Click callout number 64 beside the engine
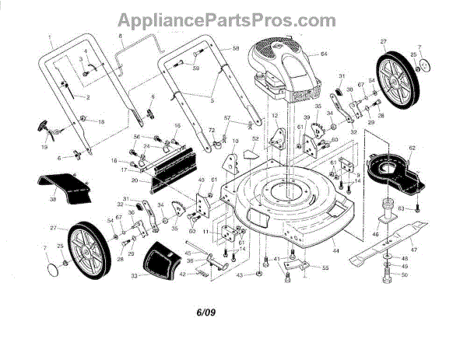[x=324, y=54]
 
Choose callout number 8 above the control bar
[x=121, y=37]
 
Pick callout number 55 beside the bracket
[x=325, y=268]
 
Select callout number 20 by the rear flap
[x=134, y=181]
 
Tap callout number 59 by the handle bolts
[x=197, y=69]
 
